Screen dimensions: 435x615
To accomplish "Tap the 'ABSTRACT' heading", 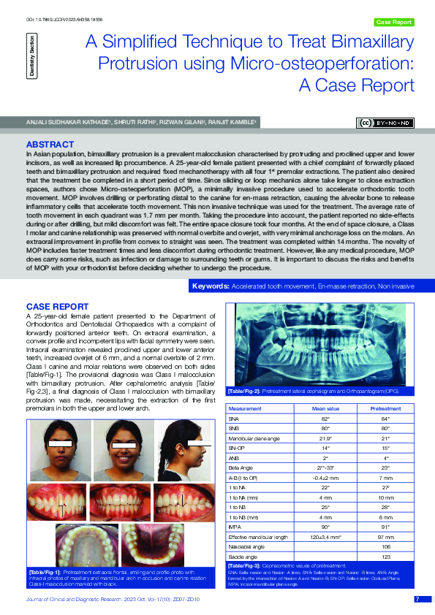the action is coord(50,145).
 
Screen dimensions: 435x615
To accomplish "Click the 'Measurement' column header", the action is coord(245,409).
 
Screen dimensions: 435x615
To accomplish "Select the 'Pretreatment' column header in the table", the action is coord(385,409).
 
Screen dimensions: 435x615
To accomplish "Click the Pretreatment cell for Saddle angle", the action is coord(385,556).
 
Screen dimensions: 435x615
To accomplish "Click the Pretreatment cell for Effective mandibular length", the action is coord(385,537).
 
